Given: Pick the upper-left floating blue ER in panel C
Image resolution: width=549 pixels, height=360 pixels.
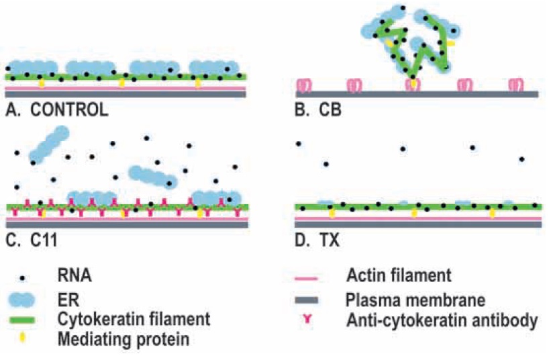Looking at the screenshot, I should (48, 144).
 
